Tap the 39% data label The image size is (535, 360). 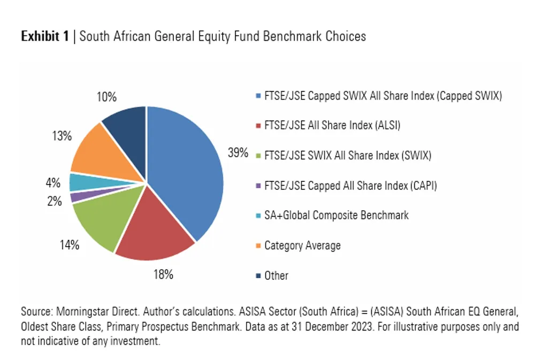(x=238, y=152)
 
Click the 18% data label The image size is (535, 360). (x=163, y=274)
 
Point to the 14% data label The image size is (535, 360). (x=70, y=244)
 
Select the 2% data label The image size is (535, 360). (x=54, y=201)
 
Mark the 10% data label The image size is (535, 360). (x=106, y=97)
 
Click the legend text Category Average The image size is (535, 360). (x=303, y=246)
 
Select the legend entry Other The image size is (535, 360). (x=277, y=275)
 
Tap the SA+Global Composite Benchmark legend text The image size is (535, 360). (x=337, y=216)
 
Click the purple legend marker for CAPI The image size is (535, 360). (x=258, y=186)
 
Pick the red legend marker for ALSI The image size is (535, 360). (x=258, y=126)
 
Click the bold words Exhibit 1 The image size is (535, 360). (x=45, y=36)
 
